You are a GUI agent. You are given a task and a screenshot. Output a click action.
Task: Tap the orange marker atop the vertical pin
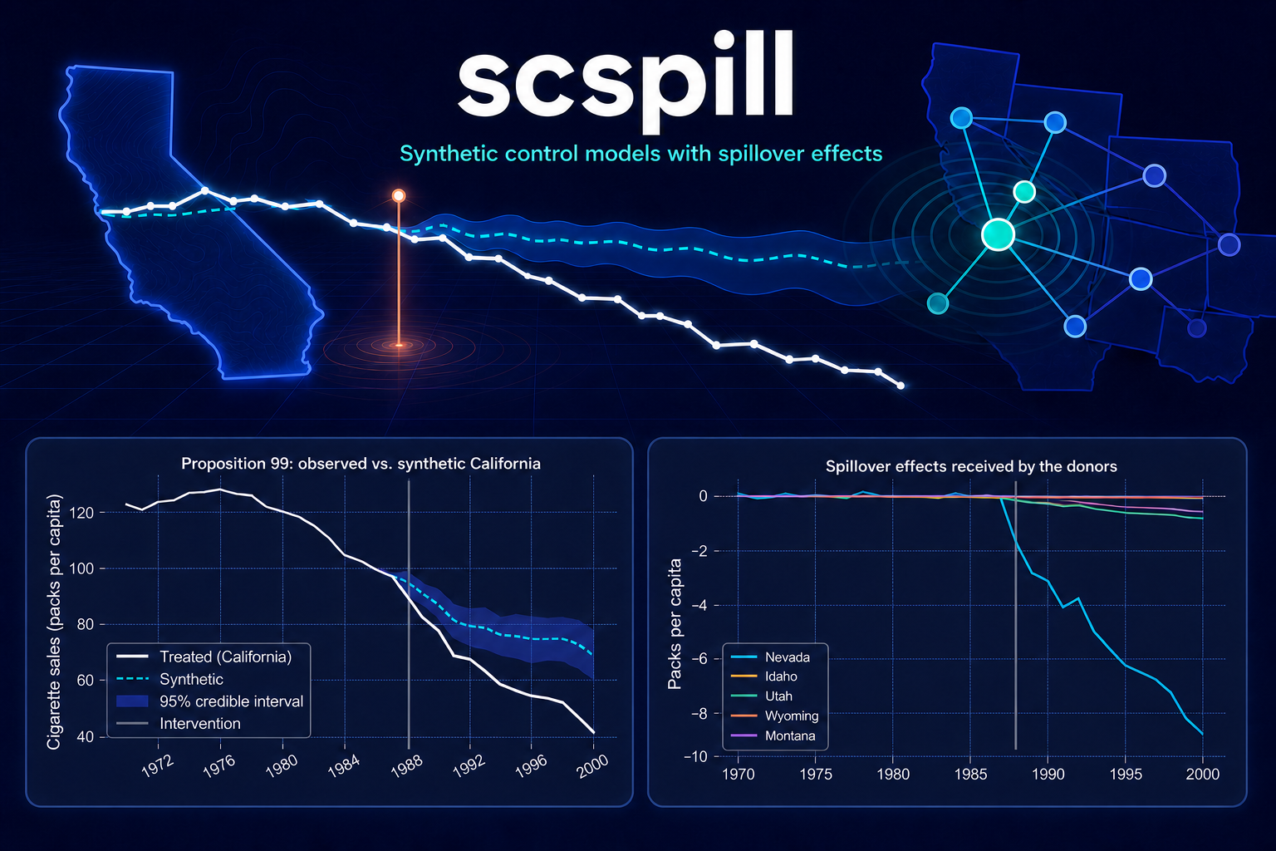[x=399, y=196]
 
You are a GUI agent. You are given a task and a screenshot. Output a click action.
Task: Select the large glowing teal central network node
[x=998, y=234]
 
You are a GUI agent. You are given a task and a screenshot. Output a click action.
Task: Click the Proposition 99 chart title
[x=361, y=464]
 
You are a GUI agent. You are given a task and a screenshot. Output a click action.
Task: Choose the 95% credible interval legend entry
[x=209, y=701]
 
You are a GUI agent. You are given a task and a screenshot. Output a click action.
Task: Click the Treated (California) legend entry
[x=204, y=657]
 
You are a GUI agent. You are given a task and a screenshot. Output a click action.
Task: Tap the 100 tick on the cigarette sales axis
[x=81, y=568]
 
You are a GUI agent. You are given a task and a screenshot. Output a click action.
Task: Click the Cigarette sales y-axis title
[x=53, y=622]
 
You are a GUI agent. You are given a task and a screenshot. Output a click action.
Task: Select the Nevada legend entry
[x=770, y=657]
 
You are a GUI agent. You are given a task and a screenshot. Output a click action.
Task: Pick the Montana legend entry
[x=773, y=735]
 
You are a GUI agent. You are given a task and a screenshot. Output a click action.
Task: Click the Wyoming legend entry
[x=775, y=716]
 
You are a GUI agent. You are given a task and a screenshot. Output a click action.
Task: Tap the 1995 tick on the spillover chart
[x=1126, y=774]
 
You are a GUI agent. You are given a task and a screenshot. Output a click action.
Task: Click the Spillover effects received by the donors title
[x=971, y=466]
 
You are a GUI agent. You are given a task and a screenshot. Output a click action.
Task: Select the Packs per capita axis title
[x=675, y=624]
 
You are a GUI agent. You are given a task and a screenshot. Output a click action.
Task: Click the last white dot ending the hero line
[x=901, y=386]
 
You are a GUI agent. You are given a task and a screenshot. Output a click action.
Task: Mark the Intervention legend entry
[x=179, y=723]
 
